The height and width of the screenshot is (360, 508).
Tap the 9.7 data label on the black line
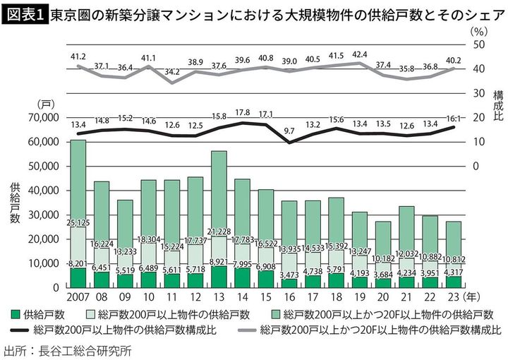pyautogui.click(x=289, y=131)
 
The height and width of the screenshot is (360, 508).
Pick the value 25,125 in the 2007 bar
pyautogui.click(x=78, y=224)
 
